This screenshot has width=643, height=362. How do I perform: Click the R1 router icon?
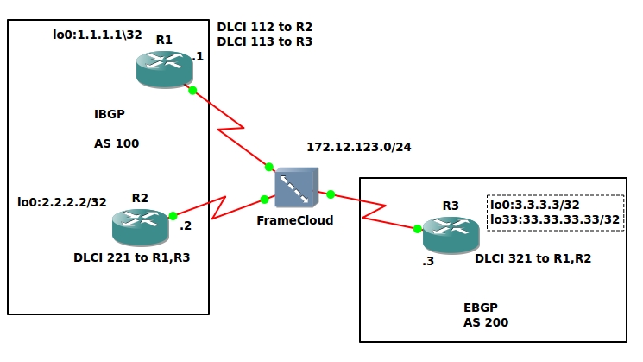[166, 69]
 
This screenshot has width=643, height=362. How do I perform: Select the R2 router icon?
[141, 226]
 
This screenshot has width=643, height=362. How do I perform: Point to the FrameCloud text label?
[295, 220]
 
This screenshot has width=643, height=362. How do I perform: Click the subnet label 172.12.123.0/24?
[359, 146]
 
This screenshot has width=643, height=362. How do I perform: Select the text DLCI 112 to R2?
[265, 26]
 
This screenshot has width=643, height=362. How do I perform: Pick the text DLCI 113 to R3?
[265, 41]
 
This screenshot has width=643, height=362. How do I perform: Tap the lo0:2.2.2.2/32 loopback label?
[62, 203]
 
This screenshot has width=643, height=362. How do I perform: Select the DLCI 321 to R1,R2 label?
[533, 258]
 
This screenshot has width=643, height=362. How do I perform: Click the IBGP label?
[110, 114]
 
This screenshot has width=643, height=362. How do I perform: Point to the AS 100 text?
[117, 143]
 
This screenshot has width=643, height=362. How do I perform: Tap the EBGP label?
[481, 308]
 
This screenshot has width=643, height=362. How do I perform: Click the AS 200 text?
[486, 322]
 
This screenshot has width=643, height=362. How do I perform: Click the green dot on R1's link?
[192, 90]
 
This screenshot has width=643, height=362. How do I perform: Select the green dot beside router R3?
[417, 229]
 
